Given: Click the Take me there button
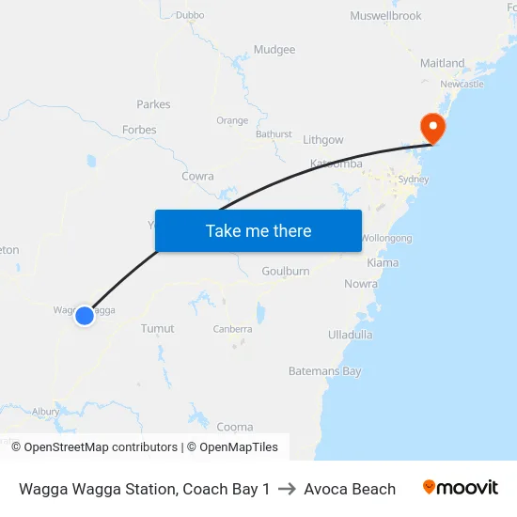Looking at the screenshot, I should [258, 230].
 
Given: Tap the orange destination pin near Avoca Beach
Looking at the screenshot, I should [433, 129].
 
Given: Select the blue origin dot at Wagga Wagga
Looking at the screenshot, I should [85, 316].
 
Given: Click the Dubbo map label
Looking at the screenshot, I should [190, 15].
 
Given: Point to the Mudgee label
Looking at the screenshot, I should [274, 50].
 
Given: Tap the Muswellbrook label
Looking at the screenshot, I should [385, 16].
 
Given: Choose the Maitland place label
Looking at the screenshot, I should [442, 63].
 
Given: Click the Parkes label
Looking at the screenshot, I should [152, 104].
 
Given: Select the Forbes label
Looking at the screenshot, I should [139, 130].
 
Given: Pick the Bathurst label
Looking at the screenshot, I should [274, 134].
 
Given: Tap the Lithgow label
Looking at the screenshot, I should [323, 140].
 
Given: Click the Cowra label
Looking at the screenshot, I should [197, 176].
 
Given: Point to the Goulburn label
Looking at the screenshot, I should [286, 272].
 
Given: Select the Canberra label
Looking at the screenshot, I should [232, 329].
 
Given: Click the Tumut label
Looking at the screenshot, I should [157, 329].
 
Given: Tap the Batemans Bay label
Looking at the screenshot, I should [325, 371].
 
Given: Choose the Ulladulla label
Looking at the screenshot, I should [351, 335].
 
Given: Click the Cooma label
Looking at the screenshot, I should [235, 427].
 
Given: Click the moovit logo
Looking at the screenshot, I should [461, 488].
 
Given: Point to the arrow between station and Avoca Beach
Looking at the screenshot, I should [287, 489].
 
